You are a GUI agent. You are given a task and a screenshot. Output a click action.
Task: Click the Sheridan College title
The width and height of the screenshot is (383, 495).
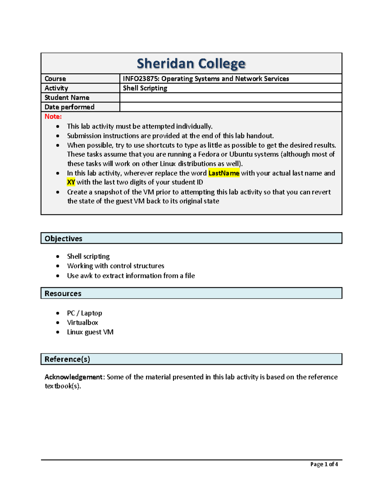[191, 63]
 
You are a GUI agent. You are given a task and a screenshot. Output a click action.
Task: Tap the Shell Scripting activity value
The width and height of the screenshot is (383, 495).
[145, 88]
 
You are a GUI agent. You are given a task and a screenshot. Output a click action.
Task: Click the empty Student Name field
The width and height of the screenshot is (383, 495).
[230, 98]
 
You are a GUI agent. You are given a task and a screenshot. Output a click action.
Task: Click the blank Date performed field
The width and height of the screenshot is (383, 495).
[230, 107]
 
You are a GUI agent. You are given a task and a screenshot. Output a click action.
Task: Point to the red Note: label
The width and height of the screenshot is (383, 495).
[53, 117]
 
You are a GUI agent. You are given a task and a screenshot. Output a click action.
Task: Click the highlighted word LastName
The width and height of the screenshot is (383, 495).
[224, 173]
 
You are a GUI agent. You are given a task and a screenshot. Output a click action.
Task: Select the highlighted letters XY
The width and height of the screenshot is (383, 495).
[71, 182]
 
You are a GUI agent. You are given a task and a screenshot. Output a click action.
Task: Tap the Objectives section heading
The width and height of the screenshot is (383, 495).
[64, 238]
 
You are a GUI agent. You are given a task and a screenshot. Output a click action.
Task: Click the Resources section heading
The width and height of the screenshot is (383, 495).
[63, 294]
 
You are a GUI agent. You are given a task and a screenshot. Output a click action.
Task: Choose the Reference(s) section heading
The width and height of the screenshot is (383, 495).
[67, 359]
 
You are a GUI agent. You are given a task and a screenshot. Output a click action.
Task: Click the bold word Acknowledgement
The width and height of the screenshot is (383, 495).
[73, 377]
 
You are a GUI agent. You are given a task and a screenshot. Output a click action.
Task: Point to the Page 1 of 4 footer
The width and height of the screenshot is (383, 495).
[324, 464]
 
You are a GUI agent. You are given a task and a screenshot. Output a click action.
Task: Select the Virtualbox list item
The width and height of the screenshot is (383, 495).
[82, 323]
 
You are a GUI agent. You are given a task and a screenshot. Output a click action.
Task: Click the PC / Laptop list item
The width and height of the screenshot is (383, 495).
[85, 313]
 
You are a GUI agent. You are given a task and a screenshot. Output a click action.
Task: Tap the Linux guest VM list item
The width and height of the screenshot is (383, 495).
[90, 332]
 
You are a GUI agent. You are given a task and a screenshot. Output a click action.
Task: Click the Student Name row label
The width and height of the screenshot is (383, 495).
[67, 98]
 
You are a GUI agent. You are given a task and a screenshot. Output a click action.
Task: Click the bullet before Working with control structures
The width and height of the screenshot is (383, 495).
[58, 266]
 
